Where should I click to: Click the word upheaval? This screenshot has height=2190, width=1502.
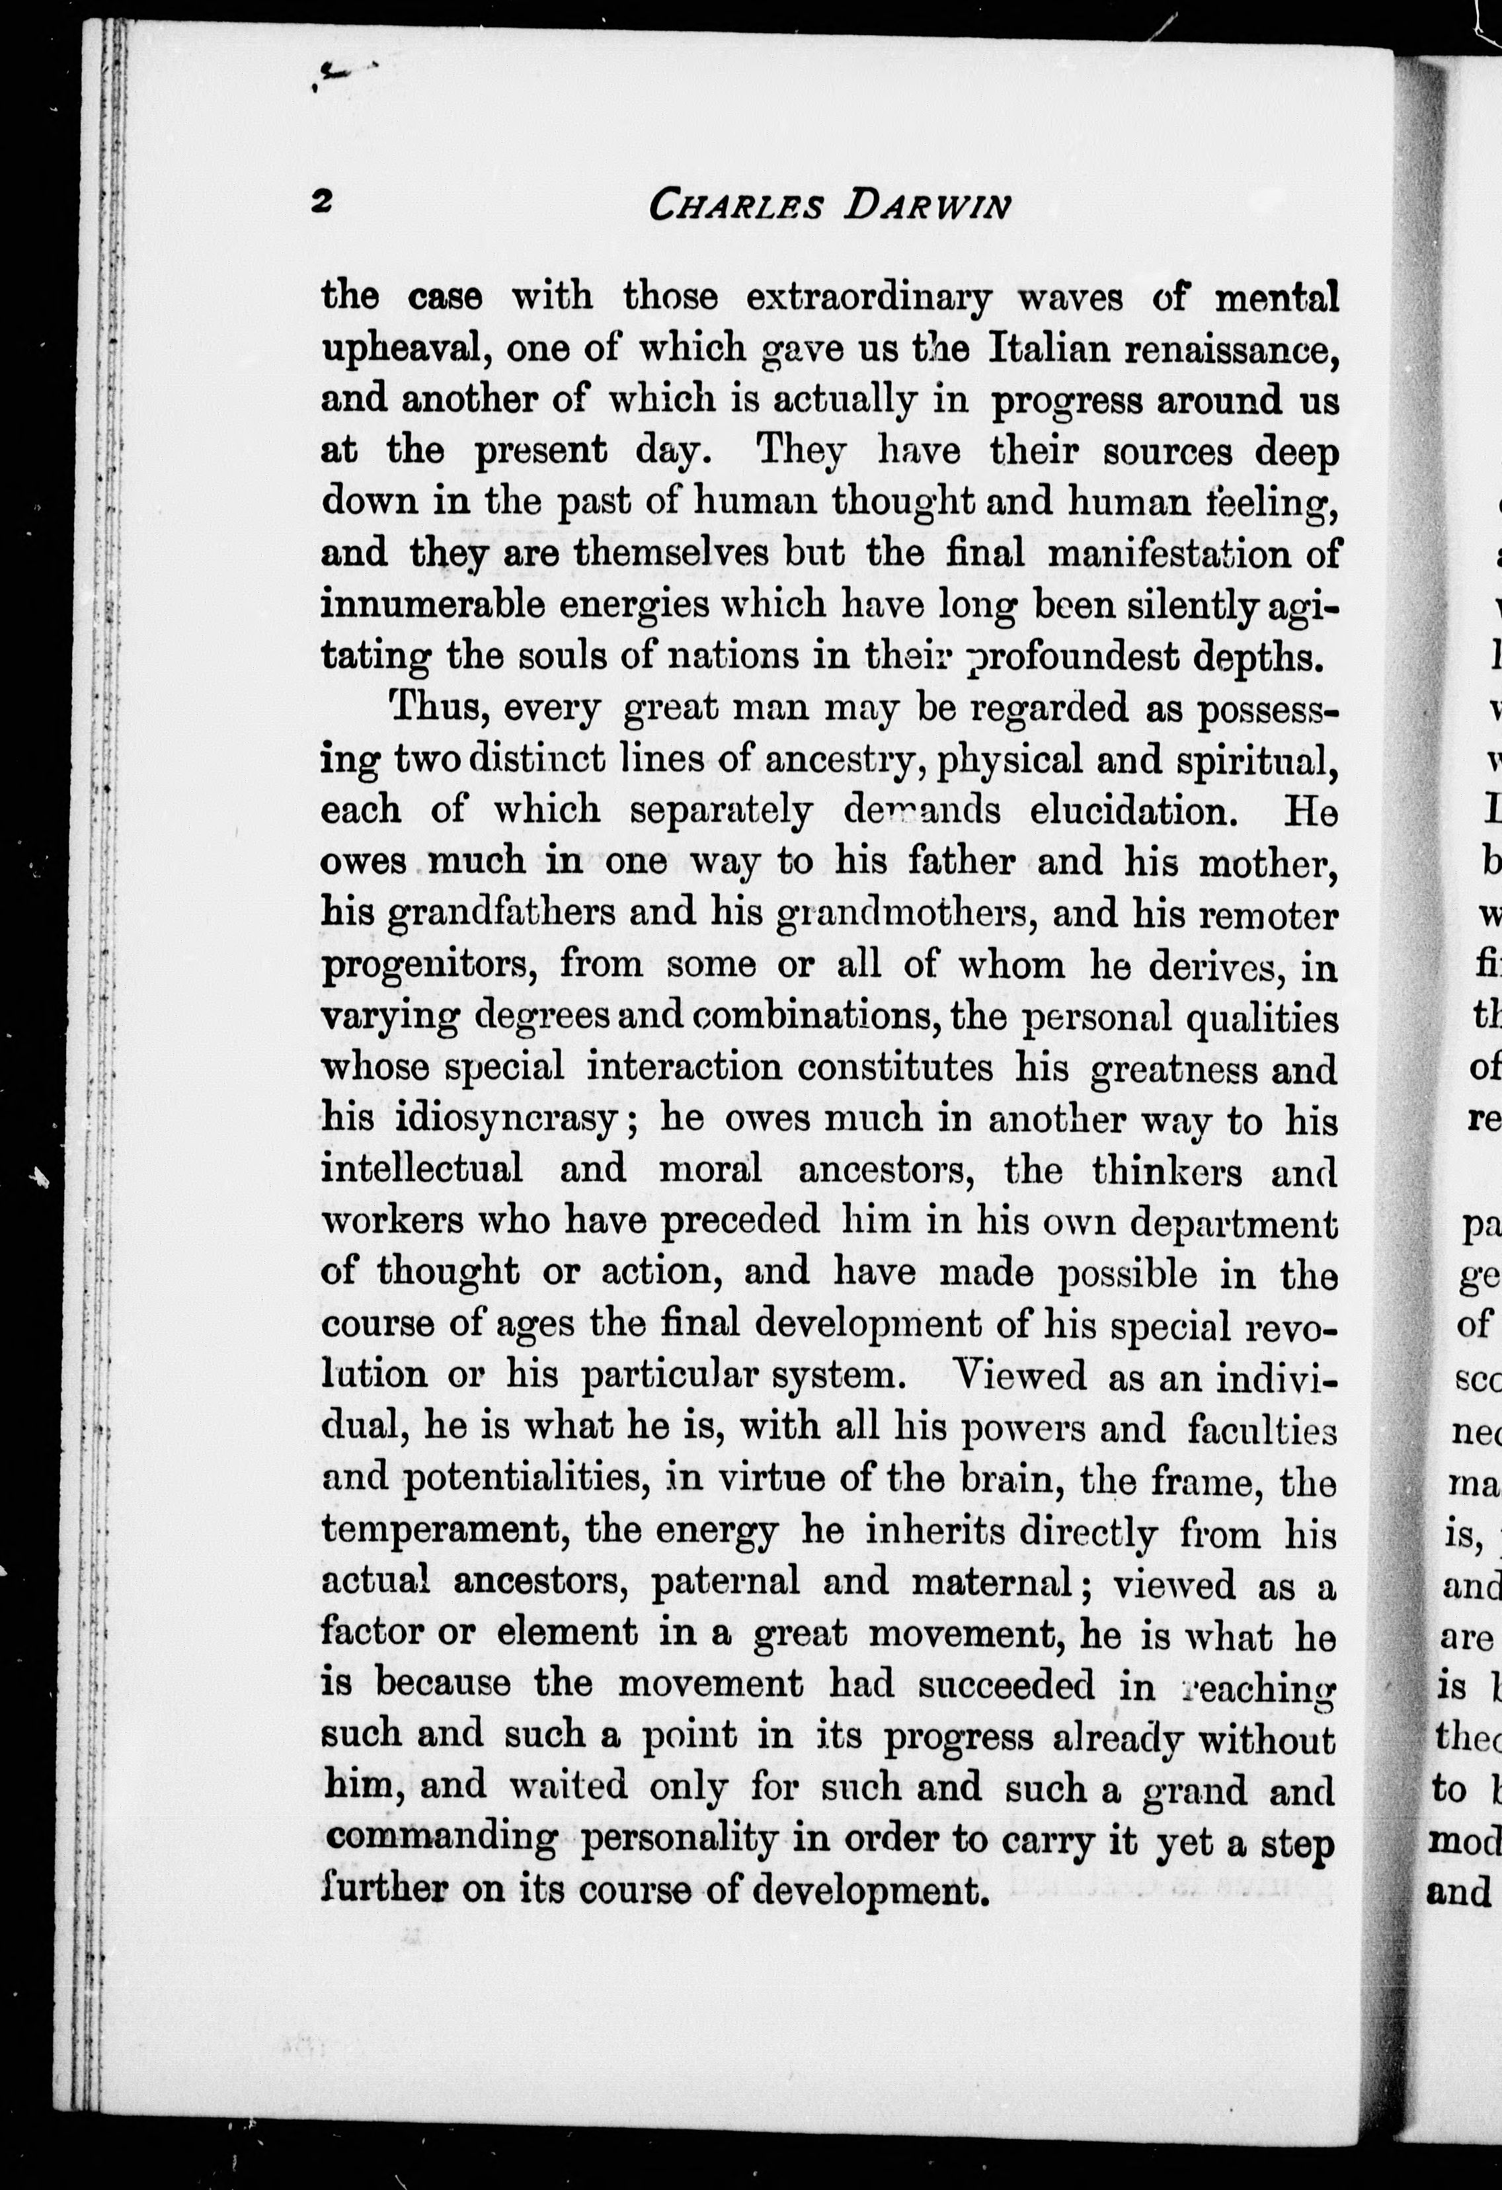click(x=404, y=350)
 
